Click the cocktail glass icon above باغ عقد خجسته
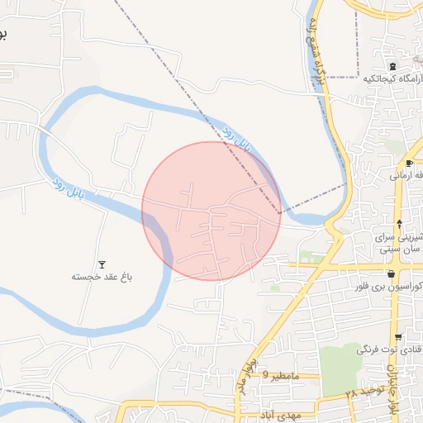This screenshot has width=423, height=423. tap(102, 264)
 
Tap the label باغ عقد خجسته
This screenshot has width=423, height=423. tap(102, 277)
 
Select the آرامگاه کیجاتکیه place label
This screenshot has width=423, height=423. tap(392, 79)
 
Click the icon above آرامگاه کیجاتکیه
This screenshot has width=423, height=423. tap(392, 66)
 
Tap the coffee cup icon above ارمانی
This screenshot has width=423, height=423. tap(408, 164)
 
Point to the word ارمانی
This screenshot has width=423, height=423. tap(408, 176)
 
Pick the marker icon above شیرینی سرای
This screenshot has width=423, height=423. tap(400, 224)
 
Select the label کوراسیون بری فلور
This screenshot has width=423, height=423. tap(395, 287)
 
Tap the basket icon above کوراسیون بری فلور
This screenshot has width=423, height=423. tap(391, 274)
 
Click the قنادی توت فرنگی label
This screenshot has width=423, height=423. tap(391, 349)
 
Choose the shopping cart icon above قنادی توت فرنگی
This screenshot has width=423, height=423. tap(399, 337)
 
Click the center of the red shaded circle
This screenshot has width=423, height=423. tap(211, 211)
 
